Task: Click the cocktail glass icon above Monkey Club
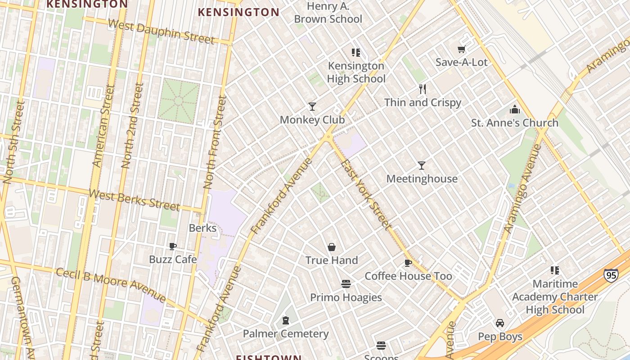coord(312,107)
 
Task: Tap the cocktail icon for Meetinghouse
coord(422,166)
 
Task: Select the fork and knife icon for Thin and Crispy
coord(422,89)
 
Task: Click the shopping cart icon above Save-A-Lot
coord(461,49)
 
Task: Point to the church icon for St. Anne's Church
coord(514,109)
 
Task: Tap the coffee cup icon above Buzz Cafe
coord(172,246)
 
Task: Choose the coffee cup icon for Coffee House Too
coord(408,263)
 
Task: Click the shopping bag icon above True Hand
coord(332,247)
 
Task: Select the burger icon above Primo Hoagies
coord(346,284)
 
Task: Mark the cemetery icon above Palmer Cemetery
coord(285,320)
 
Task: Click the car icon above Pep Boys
coord(499,323)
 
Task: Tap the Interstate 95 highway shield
coord(611,275)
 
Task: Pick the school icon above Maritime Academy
coord(555,270)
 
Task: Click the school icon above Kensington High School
coord(356,53)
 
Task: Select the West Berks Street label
coord(134,200)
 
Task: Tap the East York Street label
coord(365,193)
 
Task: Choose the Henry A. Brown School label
coord(328,13)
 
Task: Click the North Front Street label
coord(215,142)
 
